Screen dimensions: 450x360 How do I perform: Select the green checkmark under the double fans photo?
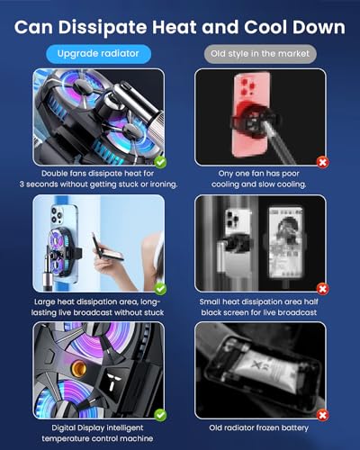(x=160, y=161)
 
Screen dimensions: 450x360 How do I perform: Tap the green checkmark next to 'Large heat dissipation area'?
(x=160, y=288)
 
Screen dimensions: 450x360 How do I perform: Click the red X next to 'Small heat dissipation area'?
(x=322, y=288)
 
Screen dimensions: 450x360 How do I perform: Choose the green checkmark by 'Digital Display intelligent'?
(x=160, y=415)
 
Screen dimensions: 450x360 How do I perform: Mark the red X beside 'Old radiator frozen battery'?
(x=322, y=415)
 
